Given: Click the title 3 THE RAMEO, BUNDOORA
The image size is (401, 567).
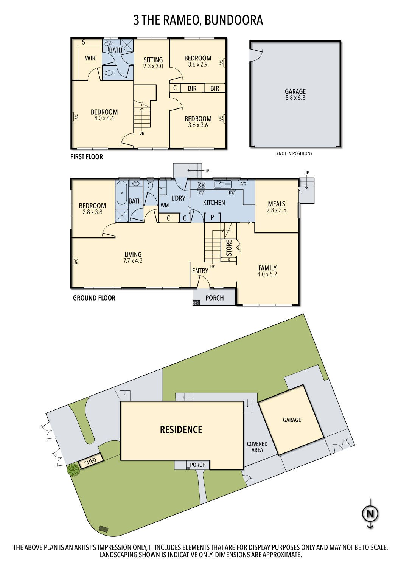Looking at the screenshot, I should click(198, 20).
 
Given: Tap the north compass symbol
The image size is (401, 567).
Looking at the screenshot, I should click(370, 514).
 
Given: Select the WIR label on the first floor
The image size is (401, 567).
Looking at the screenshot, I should click(90, 58).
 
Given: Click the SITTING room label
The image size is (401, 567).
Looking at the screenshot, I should click(153, 60).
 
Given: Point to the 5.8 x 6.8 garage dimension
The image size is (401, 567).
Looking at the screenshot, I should click(295, 98).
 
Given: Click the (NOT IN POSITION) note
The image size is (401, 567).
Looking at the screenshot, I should click(294, 153).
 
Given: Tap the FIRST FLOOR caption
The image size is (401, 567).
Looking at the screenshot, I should click(87, 157).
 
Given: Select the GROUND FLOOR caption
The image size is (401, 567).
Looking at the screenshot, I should click(94, 298).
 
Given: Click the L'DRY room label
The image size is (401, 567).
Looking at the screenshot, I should click(178, 198).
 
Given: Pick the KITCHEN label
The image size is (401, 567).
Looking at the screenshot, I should click(214, 203).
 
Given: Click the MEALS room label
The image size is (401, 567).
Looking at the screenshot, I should click(276, 204).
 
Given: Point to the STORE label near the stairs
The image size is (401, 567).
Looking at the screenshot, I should click(229, 248).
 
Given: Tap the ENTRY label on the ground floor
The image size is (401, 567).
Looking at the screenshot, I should click(200, 271).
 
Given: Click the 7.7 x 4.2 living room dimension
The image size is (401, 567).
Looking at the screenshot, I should click(133, 261).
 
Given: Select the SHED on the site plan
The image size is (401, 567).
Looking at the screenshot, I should click(90, 461).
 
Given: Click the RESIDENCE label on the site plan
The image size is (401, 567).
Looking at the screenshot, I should click(181, 429).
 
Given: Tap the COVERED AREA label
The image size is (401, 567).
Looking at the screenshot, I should click(257, 447).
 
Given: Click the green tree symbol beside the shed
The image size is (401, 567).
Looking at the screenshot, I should click(73, 470).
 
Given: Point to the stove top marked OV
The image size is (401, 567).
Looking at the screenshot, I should click(201, 185).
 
